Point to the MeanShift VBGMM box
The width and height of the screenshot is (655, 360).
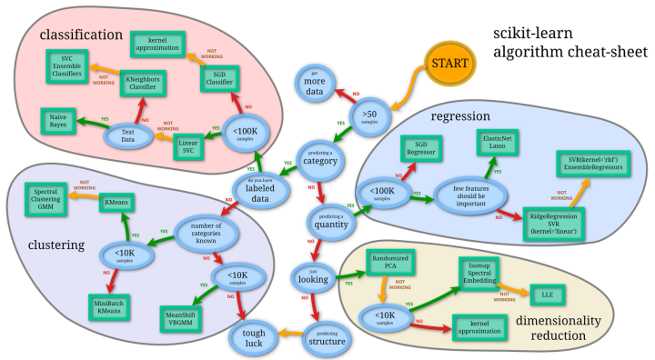[184, 317]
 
